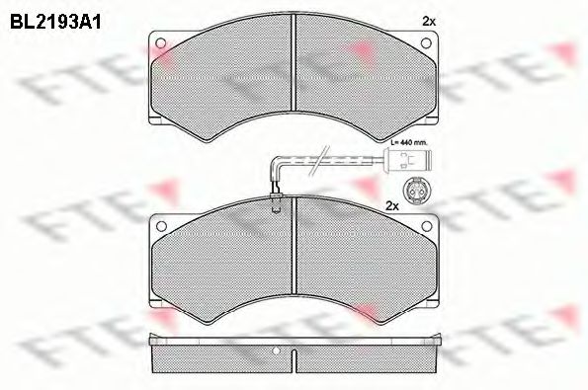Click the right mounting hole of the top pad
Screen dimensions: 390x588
pos(427,42)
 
